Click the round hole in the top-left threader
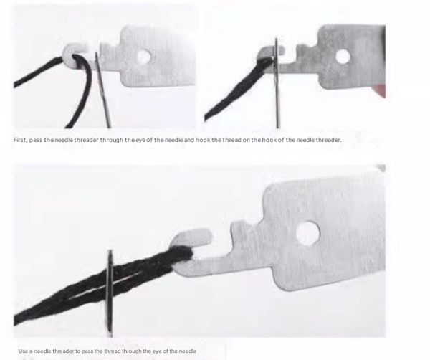tap(144, 57)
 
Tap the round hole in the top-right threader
tap(343, 56)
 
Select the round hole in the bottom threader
tap(308, 233)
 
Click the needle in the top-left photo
tap(102, 90)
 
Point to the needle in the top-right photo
tap(277, 83)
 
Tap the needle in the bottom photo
tap(110, 293)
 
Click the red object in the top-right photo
tap(380, 90)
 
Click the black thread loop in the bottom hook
tap(183, 255)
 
